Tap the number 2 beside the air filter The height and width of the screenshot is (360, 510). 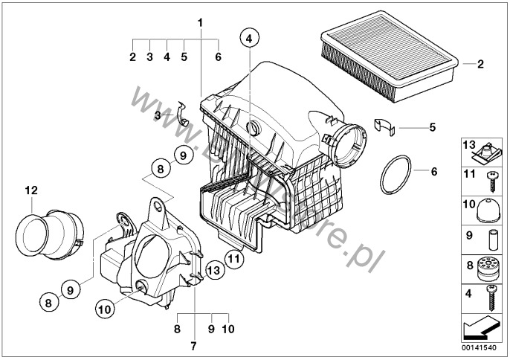480,65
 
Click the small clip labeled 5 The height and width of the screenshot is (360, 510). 385,126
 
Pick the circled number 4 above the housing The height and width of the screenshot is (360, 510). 249,38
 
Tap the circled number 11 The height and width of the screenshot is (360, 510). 233,260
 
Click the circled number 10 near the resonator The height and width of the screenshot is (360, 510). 104,306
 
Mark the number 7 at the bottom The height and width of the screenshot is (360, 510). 193,346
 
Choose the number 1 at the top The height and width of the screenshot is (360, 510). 199,22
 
